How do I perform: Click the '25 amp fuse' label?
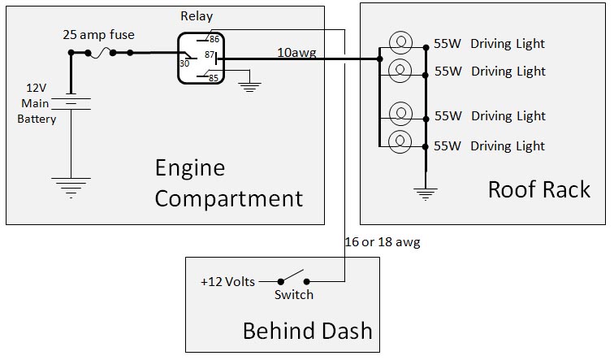point(99,35)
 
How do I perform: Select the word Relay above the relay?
point(196,16)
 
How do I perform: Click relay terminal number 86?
point(214,38)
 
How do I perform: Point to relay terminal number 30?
point(184,63)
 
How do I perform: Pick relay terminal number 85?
point(214,79)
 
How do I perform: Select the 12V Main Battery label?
point(37,103)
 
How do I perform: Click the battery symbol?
point(71,102)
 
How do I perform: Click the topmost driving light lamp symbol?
point(400,43)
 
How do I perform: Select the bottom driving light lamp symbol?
point(400,142)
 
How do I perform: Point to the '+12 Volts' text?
point(227,282)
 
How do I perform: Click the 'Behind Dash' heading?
point(307,331)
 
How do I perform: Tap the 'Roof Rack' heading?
point(538,189)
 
